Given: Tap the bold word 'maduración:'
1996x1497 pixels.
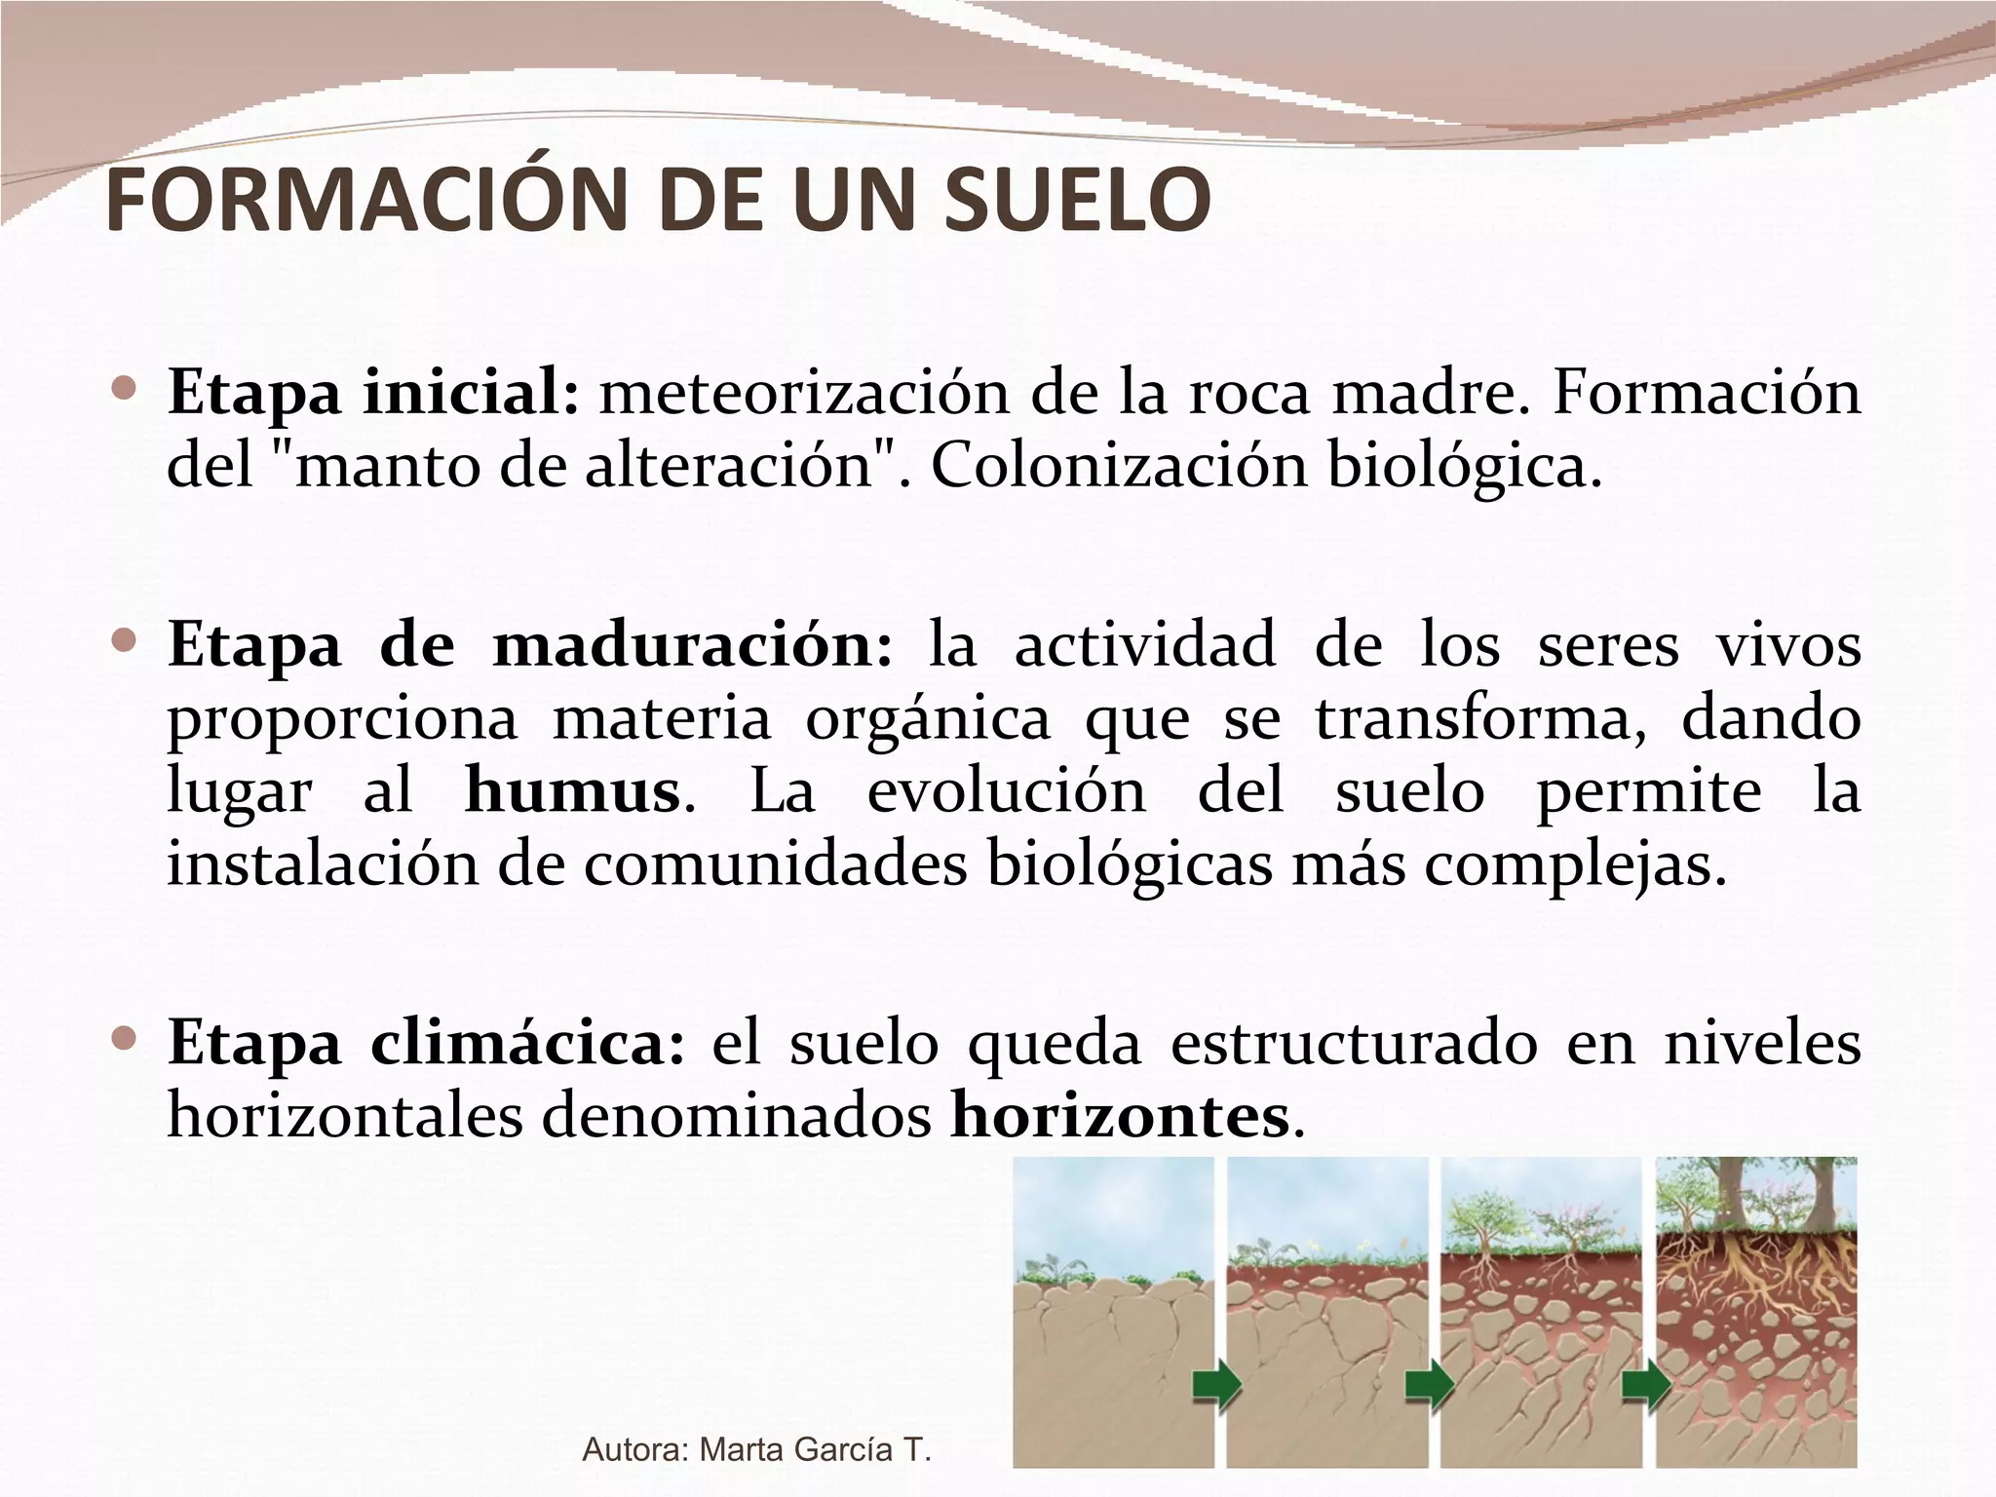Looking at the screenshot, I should [x=692, y=646].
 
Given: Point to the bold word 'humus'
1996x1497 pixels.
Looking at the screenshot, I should [x=572, y=790].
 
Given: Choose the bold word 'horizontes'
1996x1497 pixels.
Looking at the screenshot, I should [x=1120, y=1116].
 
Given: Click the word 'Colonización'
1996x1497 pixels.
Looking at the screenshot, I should [x=1118, y=467].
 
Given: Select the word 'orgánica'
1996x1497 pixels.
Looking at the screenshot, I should [x=928, y=719].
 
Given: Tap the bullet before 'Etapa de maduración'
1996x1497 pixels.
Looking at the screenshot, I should [x=124, y=641].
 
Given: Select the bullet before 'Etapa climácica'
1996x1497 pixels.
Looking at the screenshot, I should [x=124, y=1039].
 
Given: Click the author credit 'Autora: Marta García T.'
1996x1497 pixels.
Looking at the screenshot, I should [x=756, y=1450].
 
